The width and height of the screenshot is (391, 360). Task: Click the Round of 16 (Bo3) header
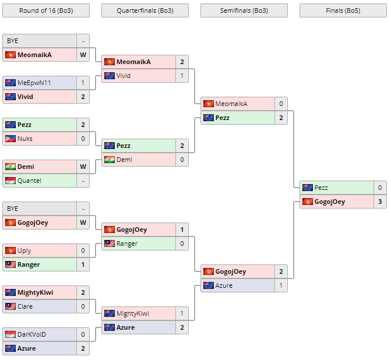pyautogui.click(x=46, y=10)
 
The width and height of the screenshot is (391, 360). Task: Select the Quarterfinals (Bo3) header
pyautogui.click(x=145, y=10)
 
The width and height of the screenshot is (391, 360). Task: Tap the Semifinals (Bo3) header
pyautogui.click(x=244, y=10)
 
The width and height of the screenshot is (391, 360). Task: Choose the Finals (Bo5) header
pyautogui.click(x=343, y=10)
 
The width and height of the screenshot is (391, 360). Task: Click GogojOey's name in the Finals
pyautogui.click(x=329, y=202)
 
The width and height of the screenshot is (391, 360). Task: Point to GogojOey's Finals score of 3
pyautogui.click(x=380, y=202)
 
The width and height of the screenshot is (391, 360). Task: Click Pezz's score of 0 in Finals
pyautogui.click(x=380, y=188)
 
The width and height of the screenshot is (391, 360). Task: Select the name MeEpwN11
pyautogui.click(x=34, y=83)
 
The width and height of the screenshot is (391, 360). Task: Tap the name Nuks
pyautogui.click(x=25, y=139)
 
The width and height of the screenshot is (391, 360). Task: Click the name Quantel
pyautogui.click(x=29, y=181)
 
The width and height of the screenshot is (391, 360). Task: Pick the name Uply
pyautogui.click(x=24, y=250)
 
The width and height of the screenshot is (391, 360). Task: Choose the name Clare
pyautogui.click(x=25, y=306)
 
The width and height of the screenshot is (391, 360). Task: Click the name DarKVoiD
pyautogui.click(x=31, y=334)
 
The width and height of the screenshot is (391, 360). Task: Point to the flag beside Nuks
pyautogui.click(x=10, y=139)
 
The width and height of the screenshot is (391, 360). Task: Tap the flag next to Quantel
pyautogui.click(x=10, y=181)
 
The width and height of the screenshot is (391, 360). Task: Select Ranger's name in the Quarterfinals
pyautogui.click(x=127, y=243)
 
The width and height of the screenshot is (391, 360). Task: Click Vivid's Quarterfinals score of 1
pyautogui.click(x=182, y=76)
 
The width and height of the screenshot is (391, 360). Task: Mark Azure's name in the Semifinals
pyautogui.click(x=224, y=285)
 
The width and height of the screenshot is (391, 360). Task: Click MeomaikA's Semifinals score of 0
pyautogui.click(x=281, y=104)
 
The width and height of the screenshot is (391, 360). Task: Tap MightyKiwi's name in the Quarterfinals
pyautogui.click(x=132, y=313)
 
